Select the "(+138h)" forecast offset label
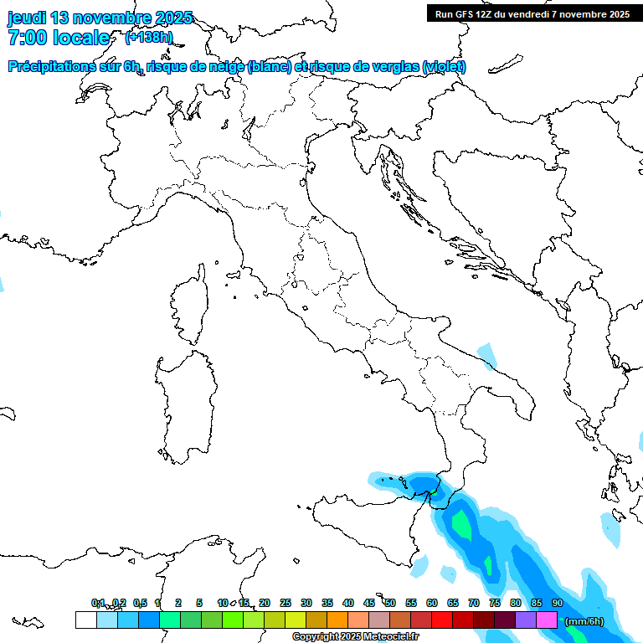[x=148, y=37]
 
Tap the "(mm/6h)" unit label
[x=584, y=621]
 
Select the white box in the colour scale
[x=85, y=620]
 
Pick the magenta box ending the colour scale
[x=547, y=620]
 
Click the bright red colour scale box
[x=442, y=620]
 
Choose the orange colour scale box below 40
[x=337, y=620]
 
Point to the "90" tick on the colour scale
[x=558, y=603]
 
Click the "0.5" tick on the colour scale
[x=140, y=603]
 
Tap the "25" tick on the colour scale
[x=285, y=603]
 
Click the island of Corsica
[x=192, y=306]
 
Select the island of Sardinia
[x=182, y=402]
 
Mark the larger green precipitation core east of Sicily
[x=461, y=523]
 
